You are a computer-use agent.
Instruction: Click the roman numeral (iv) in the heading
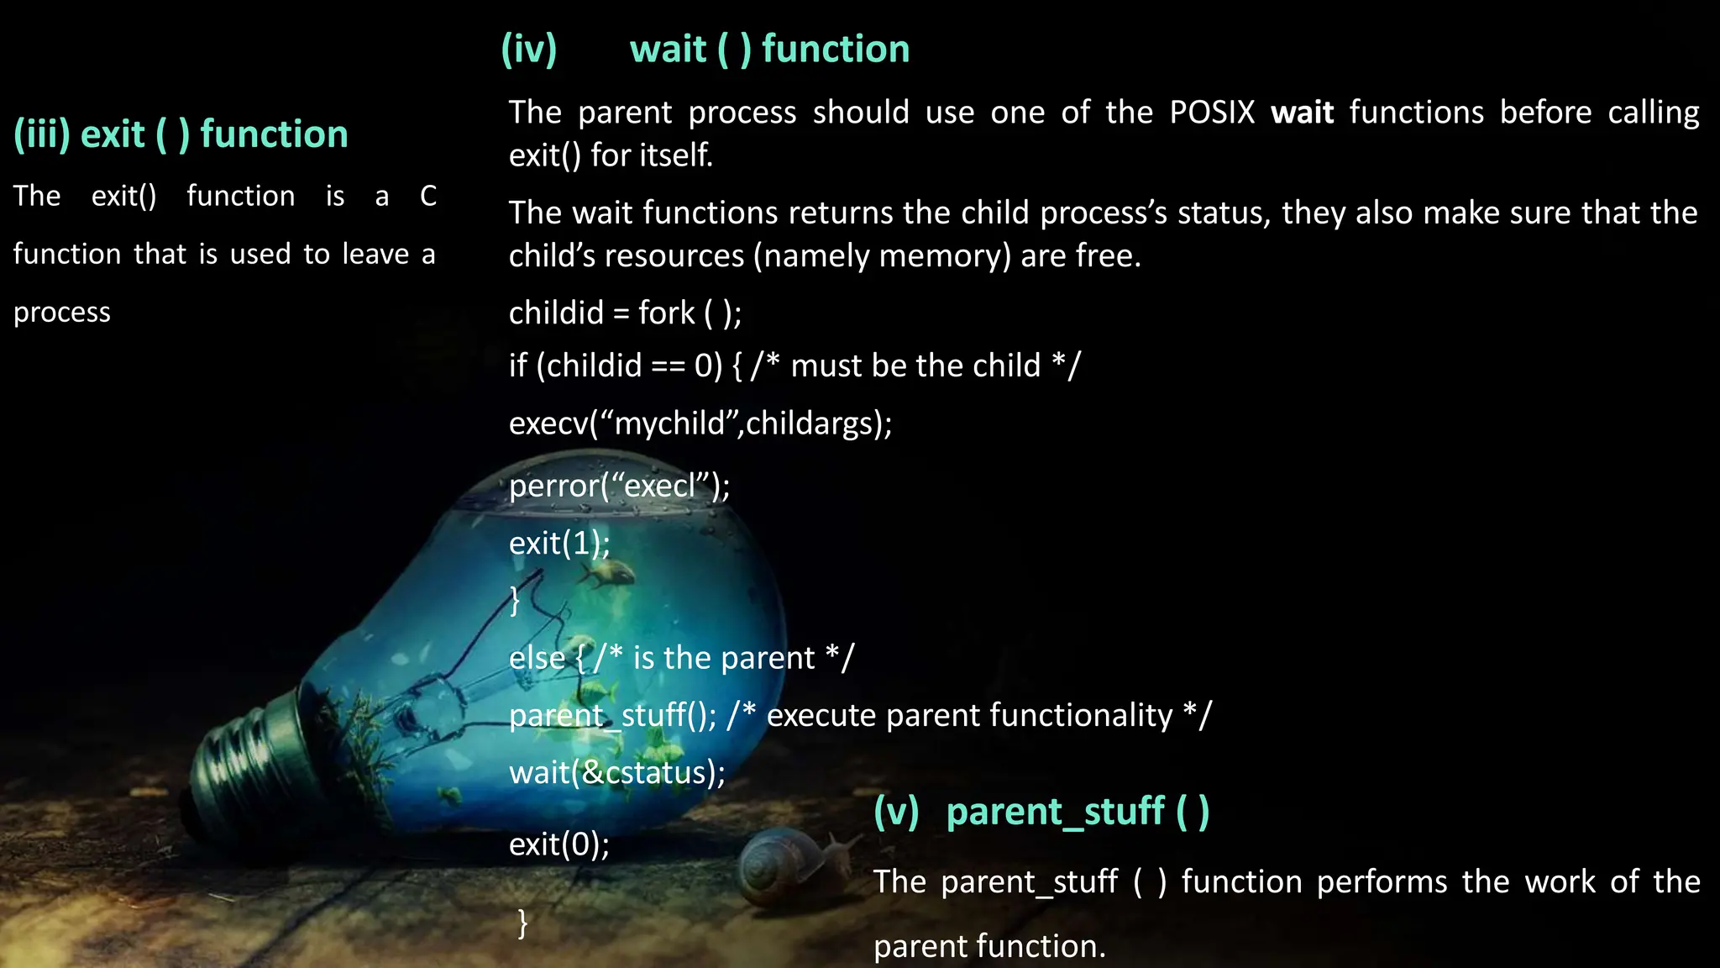pyautogui.click(x=529, y=50)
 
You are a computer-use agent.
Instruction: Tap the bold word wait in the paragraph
pyautogui.click(x=1302, y=113)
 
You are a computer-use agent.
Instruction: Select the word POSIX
pyautogui.click(x=1212, y=113)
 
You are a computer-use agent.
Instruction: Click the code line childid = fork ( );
pyautogui.click(x=625, y=313)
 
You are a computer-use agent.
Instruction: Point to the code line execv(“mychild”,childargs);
pyautogui.click(x=700, y=423)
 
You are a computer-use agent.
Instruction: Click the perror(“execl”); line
pyautogui.click(x=619, y=487)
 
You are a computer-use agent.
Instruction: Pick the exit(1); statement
pyautogui.click(x=559, y=544)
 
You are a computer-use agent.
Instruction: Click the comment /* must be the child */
pyautogui.click(x=915, y=366)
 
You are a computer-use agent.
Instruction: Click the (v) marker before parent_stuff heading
pyautogui.click(x=896, y=813)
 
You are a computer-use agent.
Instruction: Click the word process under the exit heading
pyautogui.click(x=62, y=313)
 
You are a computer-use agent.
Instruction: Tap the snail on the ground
pyautogui.click(x=777, y=865)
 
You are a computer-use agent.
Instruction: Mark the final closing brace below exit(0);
pyautogui.click(x=522, y=923)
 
